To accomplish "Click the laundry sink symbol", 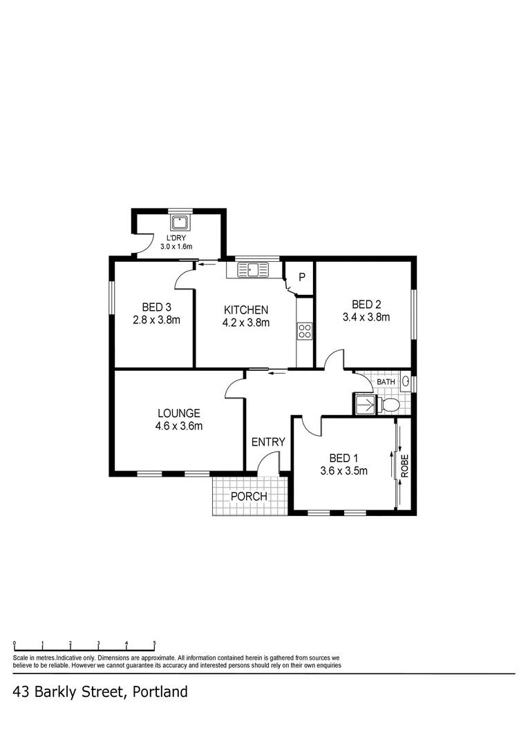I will tap(181, 222).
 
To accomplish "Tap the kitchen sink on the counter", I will tap(253, 269).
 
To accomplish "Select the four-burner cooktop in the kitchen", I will tap(305, 332).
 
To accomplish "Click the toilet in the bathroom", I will tap(390, 405).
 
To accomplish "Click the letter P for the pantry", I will tap(302, 278).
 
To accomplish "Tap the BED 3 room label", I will tap(156, 307).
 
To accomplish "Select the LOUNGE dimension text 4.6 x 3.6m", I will tap(178, 426).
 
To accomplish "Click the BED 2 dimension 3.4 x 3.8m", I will tap(366, 318).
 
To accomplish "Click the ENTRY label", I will tap(268, 442).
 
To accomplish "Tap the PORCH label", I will tap(249, 496).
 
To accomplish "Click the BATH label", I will tap(386, 381).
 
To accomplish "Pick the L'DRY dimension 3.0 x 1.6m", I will tap(176, 246).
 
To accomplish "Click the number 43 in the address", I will tap(21, 691).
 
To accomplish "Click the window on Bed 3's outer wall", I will tap(111, 298).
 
